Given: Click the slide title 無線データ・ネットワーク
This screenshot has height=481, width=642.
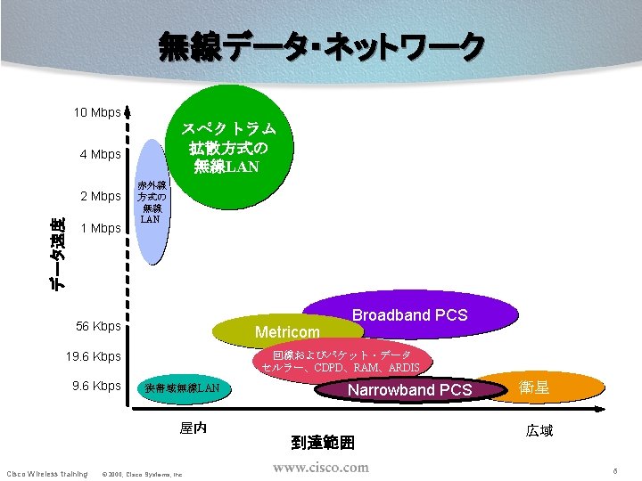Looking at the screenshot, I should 321,46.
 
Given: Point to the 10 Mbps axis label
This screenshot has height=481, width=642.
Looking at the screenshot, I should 96,113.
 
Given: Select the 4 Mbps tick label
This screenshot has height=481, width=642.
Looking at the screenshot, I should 100,154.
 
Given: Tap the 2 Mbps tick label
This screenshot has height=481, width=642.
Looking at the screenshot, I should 100,196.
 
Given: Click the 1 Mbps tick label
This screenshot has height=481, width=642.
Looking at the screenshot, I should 100,228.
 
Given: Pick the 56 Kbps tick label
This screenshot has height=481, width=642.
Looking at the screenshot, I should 97,327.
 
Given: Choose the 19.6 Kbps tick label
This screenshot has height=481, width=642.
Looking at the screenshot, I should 94,356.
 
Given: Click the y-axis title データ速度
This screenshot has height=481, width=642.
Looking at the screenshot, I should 57,253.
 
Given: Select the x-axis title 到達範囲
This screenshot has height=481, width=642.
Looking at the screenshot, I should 323,441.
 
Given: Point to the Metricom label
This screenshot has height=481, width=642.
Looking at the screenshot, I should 287,332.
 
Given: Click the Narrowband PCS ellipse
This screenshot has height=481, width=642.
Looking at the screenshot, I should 409,390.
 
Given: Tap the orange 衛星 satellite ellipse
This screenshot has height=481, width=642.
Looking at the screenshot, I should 540,387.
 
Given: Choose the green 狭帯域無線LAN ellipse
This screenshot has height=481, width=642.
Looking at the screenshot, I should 182,388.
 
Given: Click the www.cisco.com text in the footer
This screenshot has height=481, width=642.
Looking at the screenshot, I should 320,468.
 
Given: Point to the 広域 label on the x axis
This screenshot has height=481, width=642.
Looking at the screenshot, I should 539,431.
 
